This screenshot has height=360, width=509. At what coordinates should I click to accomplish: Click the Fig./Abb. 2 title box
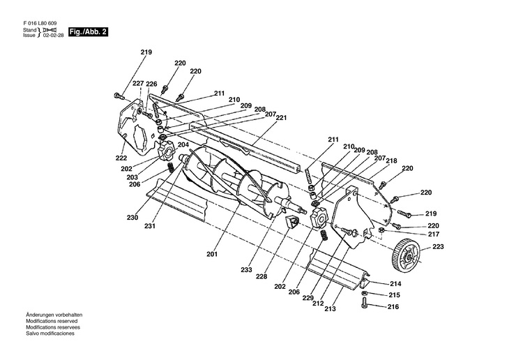click(x=88, y=32)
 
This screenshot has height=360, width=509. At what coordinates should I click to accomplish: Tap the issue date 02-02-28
click(x=53, y=35)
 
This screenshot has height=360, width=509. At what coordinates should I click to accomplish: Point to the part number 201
click(x=212, y=254)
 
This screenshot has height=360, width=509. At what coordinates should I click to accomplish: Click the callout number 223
click(x=438, y=246)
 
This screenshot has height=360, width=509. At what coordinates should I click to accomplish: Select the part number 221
click(x=281, y=118)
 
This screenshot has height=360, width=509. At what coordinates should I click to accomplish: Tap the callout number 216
click(x=393, y=307)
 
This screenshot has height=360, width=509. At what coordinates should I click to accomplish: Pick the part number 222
click(x=121, y=158)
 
